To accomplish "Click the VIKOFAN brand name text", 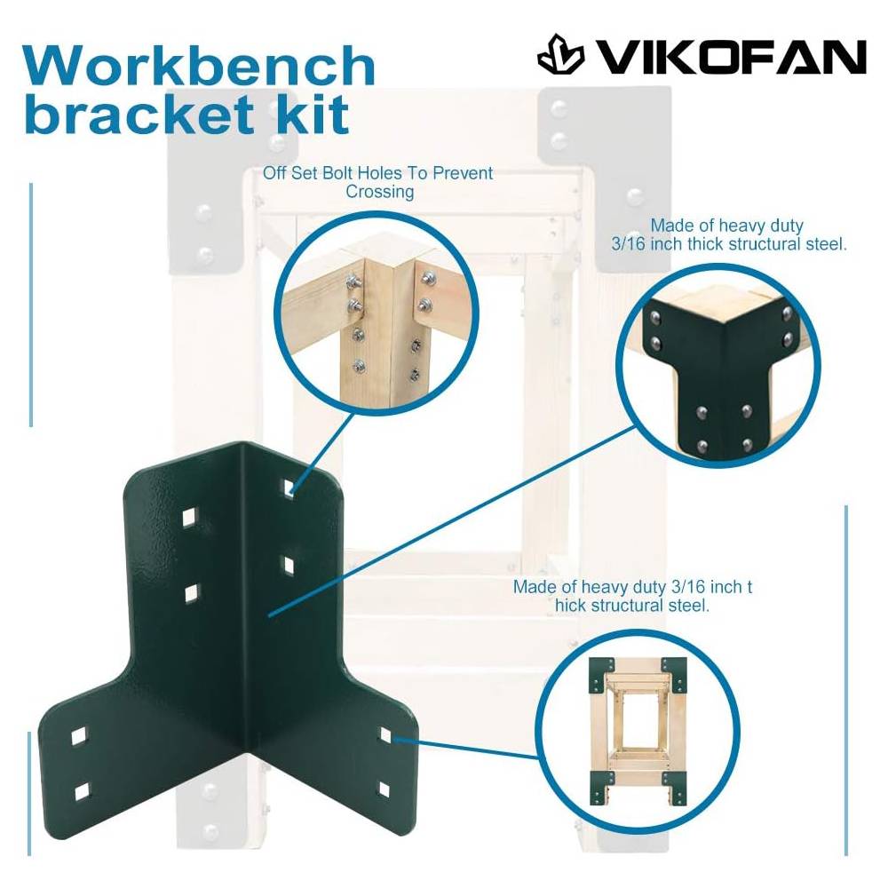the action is point(732,57).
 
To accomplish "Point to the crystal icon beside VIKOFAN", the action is point(560,54).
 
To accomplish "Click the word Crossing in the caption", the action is point(379,192).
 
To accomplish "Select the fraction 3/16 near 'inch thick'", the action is point(628,244).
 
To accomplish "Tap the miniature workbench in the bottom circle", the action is point(637,732).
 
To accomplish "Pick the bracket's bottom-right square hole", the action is point(384,789).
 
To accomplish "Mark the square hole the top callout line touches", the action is point(289,486).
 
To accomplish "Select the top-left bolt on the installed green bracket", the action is point(655,318).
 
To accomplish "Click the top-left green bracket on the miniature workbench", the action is point(601,675).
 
